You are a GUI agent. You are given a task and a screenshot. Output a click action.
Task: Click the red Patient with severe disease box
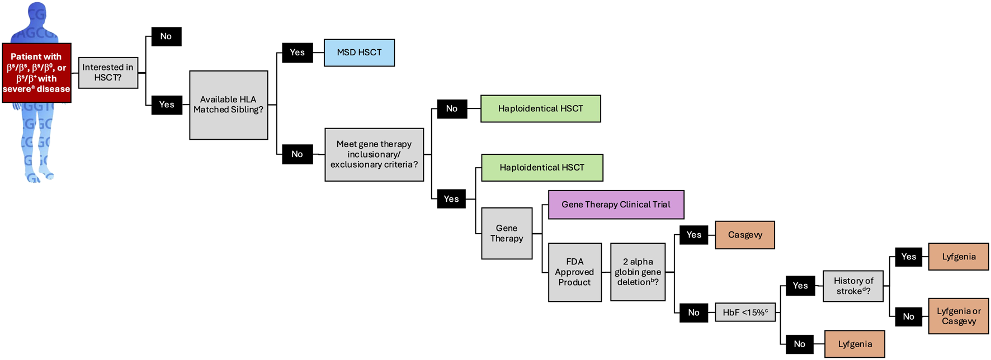pyautogui.click(x=36, y=73)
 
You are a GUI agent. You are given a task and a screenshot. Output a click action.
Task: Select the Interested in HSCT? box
pyautogui.click(x=108, y=72)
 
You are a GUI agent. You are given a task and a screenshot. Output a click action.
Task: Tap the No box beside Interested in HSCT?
pyautogui.click(x=166, y=36)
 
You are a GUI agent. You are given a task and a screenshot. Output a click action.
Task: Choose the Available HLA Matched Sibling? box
pyautogui.click(x=228, y=105)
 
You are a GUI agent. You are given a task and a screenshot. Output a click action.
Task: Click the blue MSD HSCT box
pyautogui.click(x=359, y=53)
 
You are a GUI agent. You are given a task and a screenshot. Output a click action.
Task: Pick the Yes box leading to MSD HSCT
pyautogui.click(x=297, y=53)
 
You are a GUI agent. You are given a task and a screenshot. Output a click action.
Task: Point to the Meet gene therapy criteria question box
pyautogui.click(x=374, y=154)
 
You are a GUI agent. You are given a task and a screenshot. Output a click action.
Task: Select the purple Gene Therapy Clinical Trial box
pyautogui.click(x=616, y=205)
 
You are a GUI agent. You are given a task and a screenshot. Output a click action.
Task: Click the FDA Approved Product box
pyautogui.click(x=574, y=272)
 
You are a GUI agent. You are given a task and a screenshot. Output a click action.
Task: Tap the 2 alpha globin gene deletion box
pyautogui.click(x=638, y=272)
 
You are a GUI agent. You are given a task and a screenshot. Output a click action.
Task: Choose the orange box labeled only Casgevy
pyautogui.click(x=744, y=235)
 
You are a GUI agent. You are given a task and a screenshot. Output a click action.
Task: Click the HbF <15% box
pyautogui.click(x=745, y=312)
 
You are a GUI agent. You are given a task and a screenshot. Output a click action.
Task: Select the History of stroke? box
pyautogui.click(x=853, y=286)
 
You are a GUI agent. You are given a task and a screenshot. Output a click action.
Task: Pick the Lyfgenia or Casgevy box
pyautogui.click(x=958, y=316)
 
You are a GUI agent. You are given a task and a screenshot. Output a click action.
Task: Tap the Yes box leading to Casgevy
pyautogui.click(x=693, y=235)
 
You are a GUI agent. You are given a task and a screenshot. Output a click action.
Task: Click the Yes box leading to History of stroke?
pyautogui.click(x=800, y=286)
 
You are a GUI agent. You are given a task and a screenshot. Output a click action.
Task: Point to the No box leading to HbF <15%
pyautogui.click(x=693, y=312)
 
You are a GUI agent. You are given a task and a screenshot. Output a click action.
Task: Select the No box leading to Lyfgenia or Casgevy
pyautogui.click(x=908, y=316)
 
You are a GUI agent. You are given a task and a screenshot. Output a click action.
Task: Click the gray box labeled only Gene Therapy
pyautogui.click(x=507, y=233)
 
